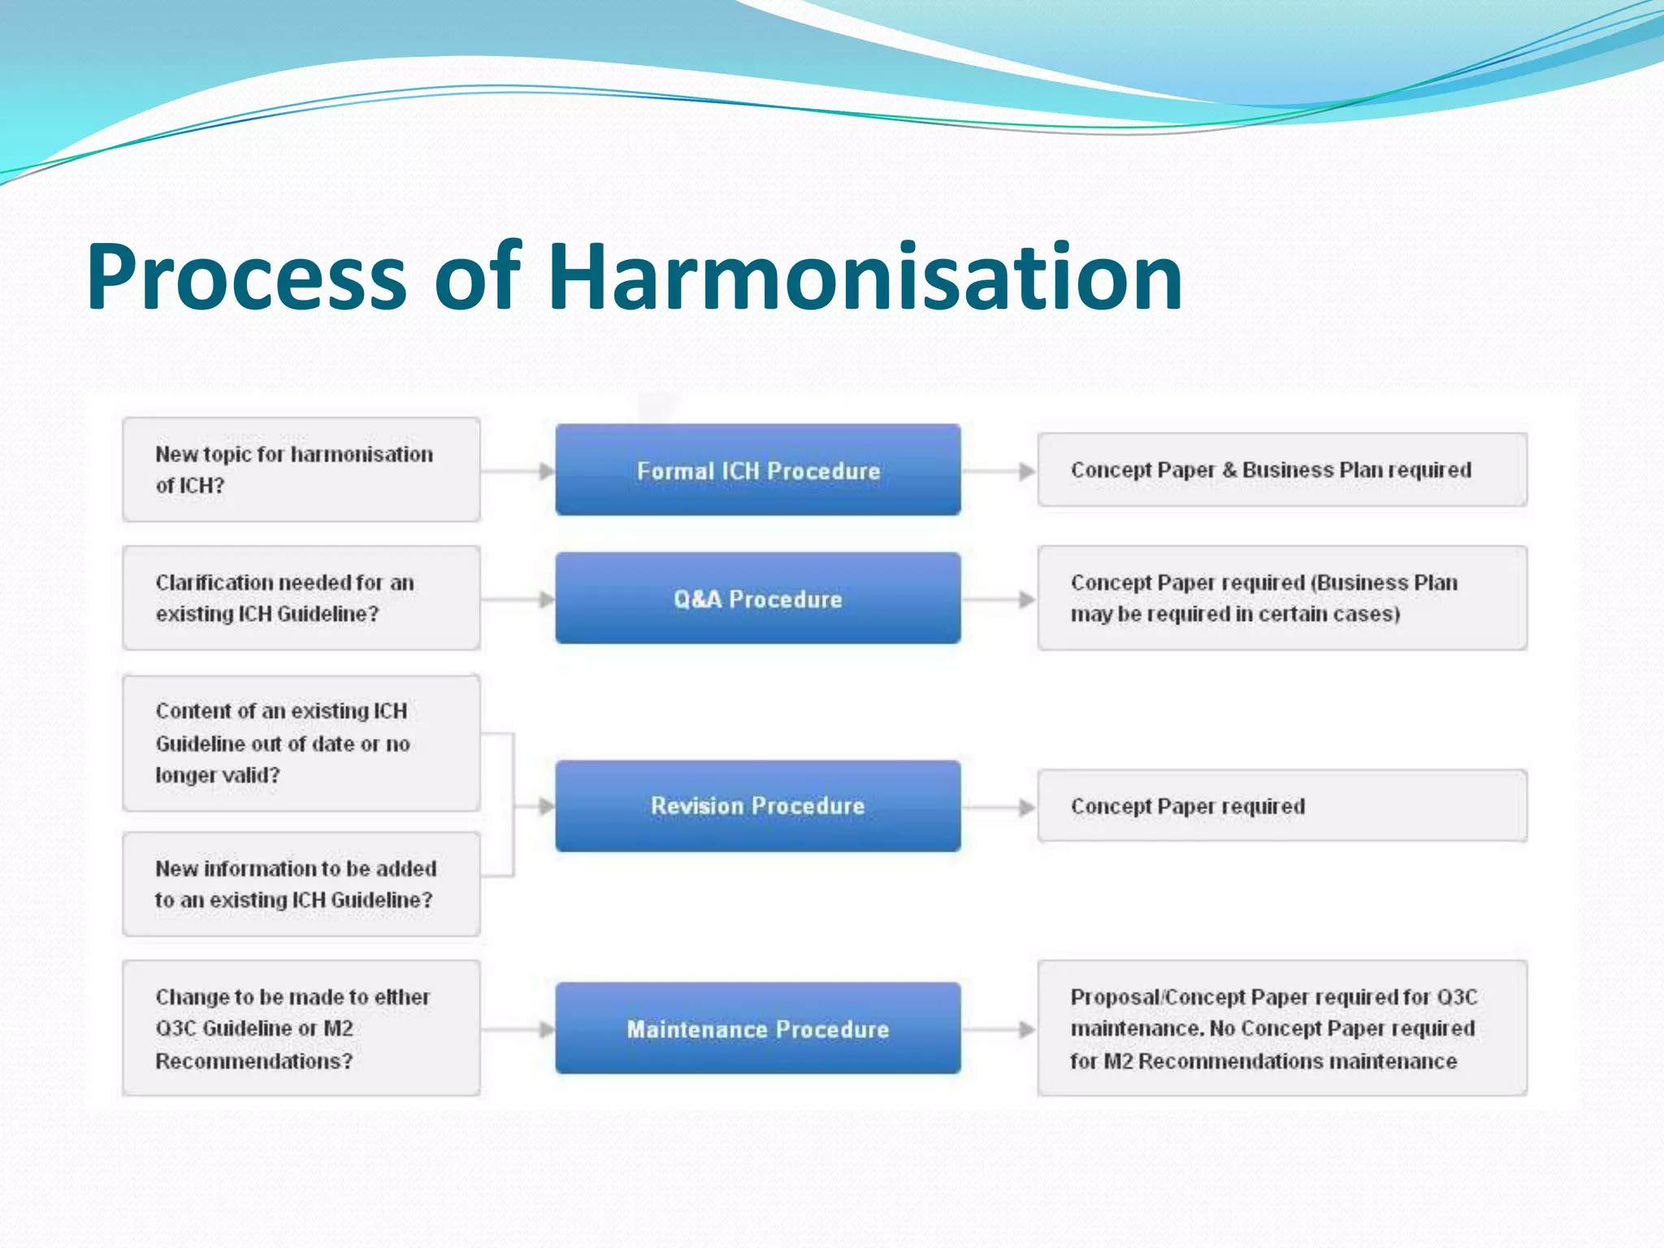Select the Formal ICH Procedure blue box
coord(758,470)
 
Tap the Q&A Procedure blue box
coord(758,599)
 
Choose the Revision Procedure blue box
coord(758,806)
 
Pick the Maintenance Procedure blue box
coord(758,1029)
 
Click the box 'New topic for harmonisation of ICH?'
coord(301,470)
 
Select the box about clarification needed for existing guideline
coord(301,598)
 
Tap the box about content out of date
coord(301,743)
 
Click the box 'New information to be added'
coord(301,884)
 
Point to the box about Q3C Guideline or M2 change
coord(301,1028)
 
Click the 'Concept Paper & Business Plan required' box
coord(1282,470)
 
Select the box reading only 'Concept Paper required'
coord(1282,806)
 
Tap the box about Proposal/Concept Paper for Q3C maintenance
coord(1282,1028)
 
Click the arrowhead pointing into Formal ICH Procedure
coord(547,471)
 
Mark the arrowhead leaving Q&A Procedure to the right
coord(1027,600)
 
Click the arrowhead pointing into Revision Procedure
coord(547,807)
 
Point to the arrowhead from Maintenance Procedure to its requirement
coord(1027,1029)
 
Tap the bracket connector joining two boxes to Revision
coord(513,804)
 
